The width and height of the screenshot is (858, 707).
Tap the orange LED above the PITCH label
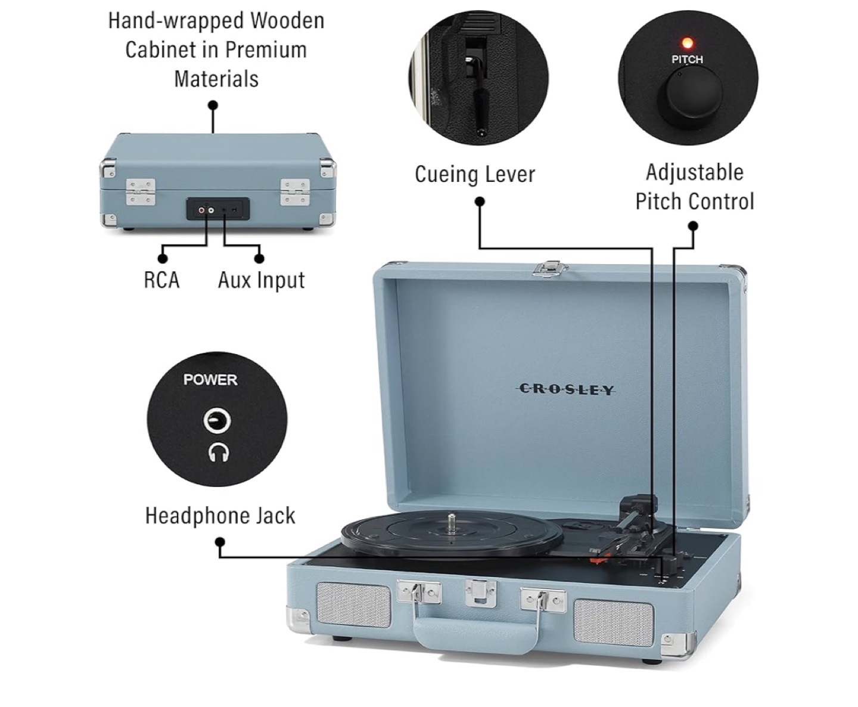point(686,43)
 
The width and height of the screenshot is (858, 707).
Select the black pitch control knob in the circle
point(693,97)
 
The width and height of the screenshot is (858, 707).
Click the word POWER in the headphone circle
point(210,379)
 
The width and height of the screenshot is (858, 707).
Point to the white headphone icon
point(218,452)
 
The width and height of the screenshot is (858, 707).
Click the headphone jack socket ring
point(216,420)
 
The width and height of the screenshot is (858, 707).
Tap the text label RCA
point(161,280)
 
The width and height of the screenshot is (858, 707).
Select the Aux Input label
point(262,281)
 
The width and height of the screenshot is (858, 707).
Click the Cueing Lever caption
point(475,174)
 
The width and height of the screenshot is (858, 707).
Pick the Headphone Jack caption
point(220,516)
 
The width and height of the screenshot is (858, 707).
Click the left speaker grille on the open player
point(354,604)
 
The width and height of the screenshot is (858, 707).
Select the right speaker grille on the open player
point(614,622)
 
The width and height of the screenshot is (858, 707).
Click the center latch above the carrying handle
point(480,593)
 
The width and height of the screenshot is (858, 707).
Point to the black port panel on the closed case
point(218,209)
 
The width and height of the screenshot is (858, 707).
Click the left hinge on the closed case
point(141,192)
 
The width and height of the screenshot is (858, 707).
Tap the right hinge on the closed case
point(295,192)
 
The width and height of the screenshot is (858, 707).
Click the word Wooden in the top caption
point(288,20)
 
